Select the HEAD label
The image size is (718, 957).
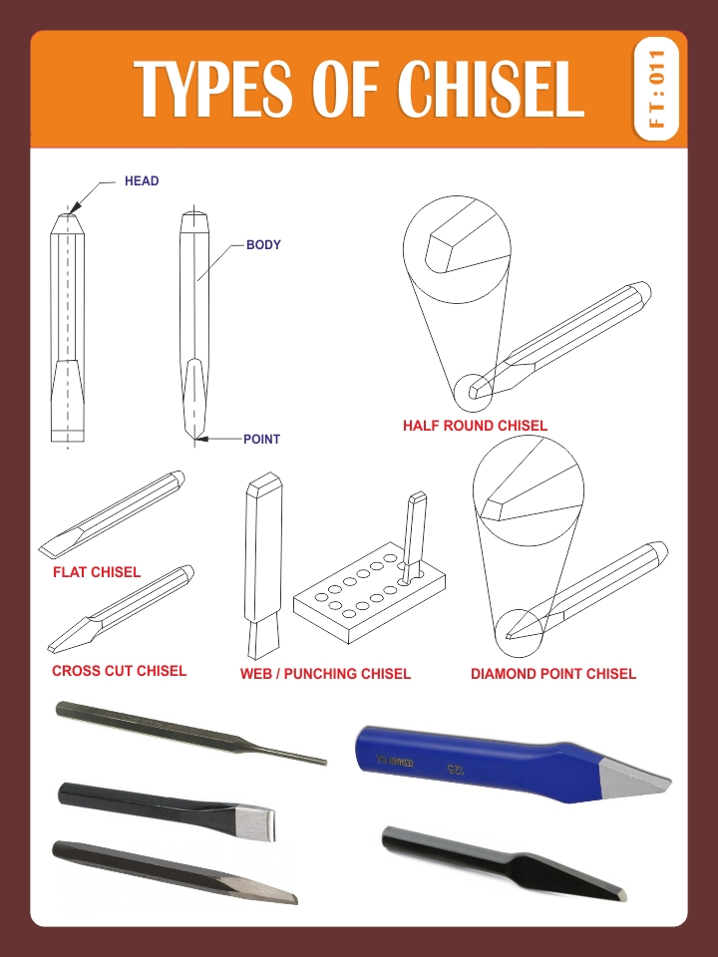pos(142,181)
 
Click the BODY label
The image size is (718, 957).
pos(263,244)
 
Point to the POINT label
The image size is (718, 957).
pos(261,439)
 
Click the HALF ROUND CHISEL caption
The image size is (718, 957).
pos(475,426)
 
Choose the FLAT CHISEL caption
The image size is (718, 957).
pos(97,572)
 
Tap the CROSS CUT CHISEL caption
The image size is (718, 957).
pos(119,671)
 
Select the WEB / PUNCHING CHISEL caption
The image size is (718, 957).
pos(325,674)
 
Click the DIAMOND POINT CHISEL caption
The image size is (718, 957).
pos(552,674)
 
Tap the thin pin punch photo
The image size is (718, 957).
pos(189,733)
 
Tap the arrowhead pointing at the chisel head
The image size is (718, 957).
pos(75,203)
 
